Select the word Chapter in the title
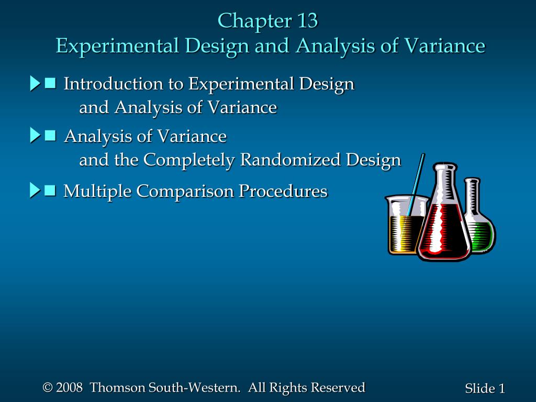click(255, 21)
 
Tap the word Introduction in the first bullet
click(114, 83)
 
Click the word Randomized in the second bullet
click(290, 159)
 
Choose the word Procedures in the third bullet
click(283, 191)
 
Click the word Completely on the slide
click(189, 160)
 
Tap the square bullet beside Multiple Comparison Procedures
click(50, 190)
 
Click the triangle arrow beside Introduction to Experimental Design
click(35, 83)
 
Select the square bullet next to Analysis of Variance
click(50, 136)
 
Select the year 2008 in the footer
click(70, 387)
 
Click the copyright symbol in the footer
click(48, 388)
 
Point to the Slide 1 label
click(485, 388)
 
